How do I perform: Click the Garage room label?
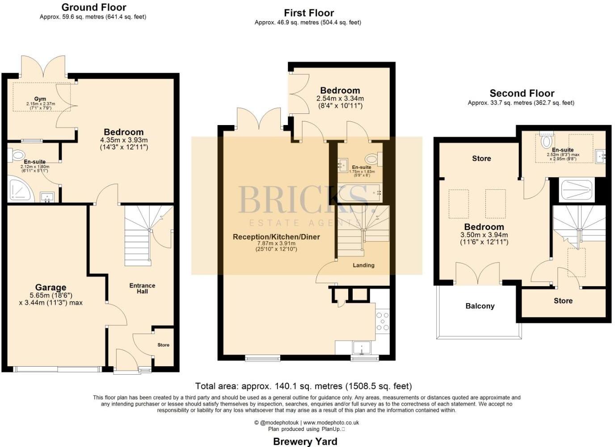pyautogui.click(x=51, y=288)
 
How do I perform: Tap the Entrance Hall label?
pyautogui.click(x=142, y=288)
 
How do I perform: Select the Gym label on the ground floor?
pyautogui.click(x=40, y=99)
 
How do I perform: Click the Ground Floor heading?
pyautogui.click(x=93, y=7)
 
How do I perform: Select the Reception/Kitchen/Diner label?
pyautogui.click(x=276, y=237)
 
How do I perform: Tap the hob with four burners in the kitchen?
pyautogui.click(x=383, y=321)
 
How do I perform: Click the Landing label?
pyautogui.click(x=363, y=265)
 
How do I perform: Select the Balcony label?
pyautogui.click(x=480, y=306)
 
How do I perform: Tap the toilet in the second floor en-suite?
pyautogui.click(x=546, y=141)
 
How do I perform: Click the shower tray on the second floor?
pyautogui.click(x=576, y=190)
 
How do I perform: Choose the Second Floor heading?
pyautogui.click(x=522, y=93)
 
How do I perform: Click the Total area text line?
pyautogui.click(x=303, y=386)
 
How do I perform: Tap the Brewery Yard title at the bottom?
pyautogui.click(x=305, y=442)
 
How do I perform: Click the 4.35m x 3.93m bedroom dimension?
pyautogui.click(x=124, y=140)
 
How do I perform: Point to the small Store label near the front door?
pyautogui.click(x=163, y=345)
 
